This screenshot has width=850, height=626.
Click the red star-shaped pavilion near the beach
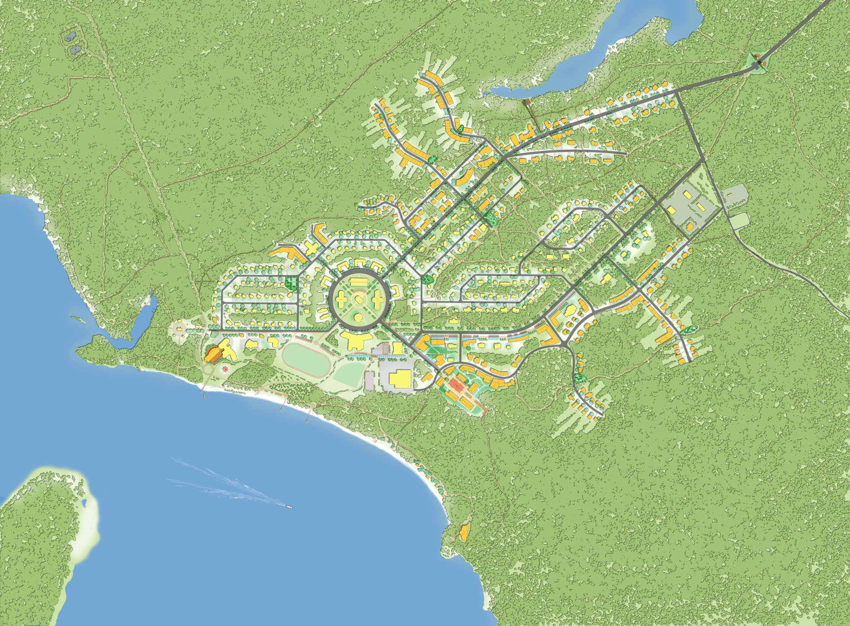point(226,368)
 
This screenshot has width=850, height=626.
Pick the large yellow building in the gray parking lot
point(399,379)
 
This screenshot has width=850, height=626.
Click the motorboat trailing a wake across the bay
point(288,506)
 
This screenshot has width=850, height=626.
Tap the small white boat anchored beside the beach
point(204,396)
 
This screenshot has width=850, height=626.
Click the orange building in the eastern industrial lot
point(690,227)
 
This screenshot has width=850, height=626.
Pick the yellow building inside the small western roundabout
point(180,330)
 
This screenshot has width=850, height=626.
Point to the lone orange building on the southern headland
point(464,532)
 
